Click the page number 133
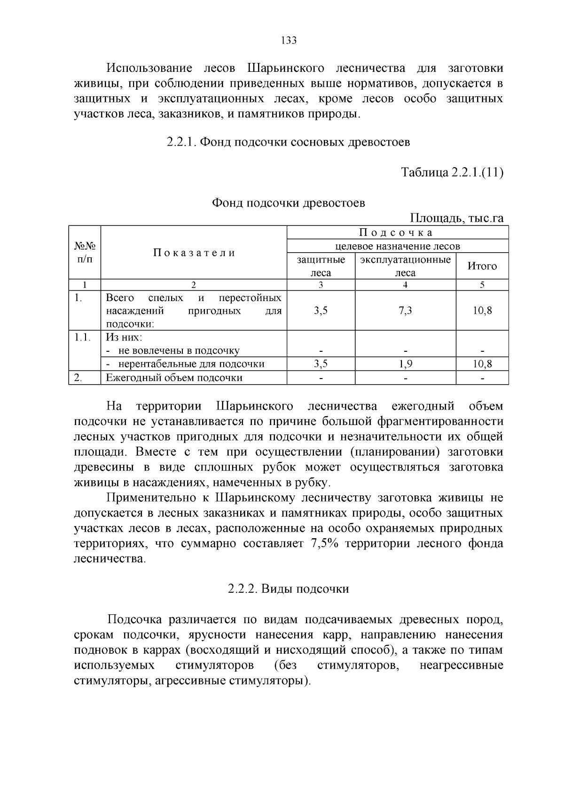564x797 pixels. (x=289, y=40)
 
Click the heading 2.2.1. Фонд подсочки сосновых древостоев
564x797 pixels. (x=288, y=142)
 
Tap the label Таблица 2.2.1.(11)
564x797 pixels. (x=452, y=172)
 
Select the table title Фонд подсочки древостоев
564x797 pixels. (x=288, y=203)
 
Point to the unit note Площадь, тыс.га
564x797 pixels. (x=457, y=218)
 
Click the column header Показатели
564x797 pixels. (x=194, y=253)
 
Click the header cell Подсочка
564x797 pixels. (x=397, y=232)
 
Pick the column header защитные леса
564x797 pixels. (x=321, y=266)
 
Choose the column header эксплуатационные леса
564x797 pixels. (x=405, y=266)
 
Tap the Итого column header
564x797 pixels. (x=482, y=266)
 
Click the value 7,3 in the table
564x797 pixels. (x=405, y=310)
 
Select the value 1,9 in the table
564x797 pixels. (x=405, y=364)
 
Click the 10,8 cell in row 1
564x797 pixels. (x=482, y=310)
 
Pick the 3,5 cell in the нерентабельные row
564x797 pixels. (x=321, y=364)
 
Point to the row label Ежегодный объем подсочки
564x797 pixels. (x=174, y=378)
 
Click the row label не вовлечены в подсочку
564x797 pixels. (x=179, y=351)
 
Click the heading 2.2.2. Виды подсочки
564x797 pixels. (x=288, y=589)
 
